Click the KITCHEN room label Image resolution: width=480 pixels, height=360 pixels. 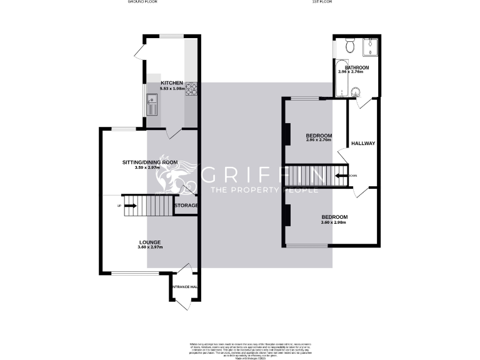tap(172, 83)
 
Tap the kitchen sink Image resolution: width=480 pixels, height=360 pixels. tap(152, 105)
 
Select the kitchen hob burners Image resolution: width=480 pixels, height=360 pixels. tap(192, 89)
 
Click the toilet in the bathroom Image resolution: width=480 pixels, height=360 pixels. tap(350, 46)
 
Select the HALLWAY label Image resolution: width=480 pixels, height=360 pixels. tap(363, 144)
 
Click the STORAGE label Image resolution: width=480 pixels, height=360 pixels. tap(186, 206)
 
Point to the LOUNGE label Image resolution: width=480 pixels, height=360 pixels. tap(150, 242)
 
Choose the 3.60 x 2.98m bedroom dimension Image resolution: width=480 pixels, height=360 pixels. tap(334, 223)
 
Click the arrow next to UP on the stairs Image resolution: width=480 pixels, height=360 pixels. tap(129, 205)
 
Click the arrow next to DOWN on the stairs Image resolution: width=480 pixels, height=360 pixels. tap(341, 176)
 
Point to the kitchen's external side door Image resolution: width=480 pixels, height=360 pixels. tap(139, 52)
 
